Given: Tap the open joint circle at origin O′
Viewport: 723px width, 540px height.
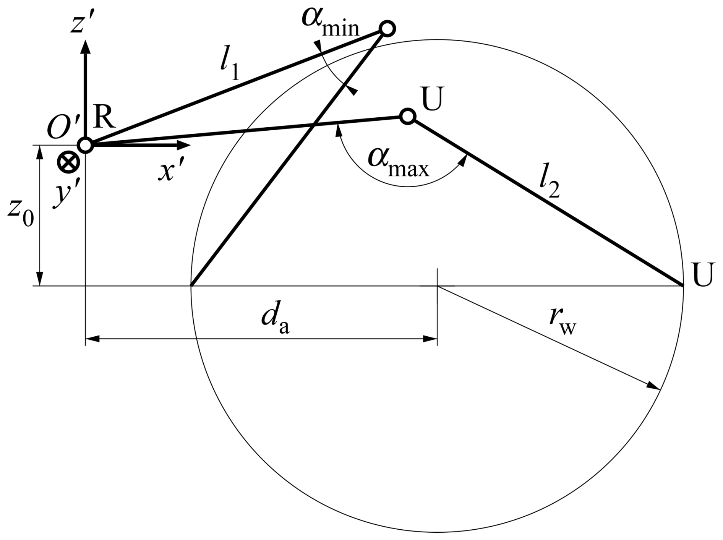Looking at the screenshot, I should (x=85, y=145).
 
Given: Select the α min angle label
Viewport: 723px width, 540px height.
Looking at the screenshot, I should (x=330, y=23).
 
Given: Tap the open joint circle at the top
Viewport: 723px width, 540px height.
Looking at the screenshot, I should (x=387, y=29).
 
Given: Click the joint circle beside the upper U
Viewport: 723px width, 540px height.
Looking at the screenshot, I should (x=408, y=116).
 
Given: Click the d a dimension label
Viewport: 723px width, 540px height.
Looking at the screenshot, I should (x=274, y=320).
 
